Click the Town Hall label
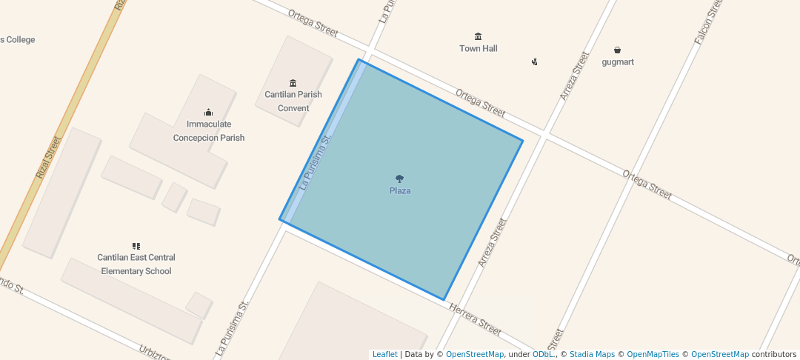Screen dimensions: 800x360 (478, 49)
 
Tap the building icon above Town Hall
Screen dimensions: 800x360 (478, 36)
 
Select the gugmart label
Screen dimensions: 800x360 (617, 62)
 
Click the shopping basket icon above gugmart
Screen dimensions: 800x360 (617, 50)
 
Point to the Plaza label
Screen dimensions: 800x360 (400, 191)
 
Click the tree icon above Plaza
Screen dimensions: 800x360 (400, 179)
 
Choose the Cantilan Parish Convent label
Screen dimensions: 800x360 (293, 101)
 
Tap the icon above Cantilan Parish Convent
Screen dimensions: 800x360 (293, 82)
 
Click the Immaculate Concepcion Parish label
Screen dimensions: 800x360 (209, 131)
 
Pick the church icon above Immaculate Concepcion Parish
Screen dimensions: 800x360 (209, 113)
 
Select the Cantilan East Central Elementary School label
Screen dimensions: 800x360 (136, 264)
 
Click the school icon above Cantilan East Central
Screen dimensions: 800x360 (136, 246)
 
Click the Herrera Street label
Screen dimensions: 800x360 (476, 317)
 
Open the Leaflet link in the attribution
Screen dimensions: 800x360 (384, 355)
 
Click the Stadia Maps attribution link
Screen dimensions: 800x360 (592, 355)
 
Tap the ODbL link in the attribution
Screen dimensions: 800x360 (544, 355)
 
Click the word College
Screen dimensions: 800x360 (21, 40)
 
